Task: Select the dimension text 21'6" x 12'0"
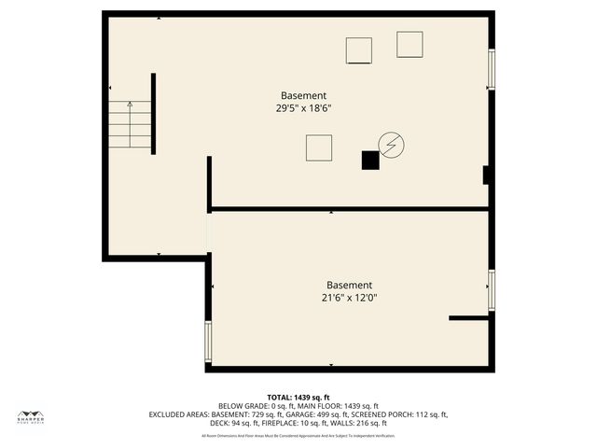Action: pyautogui.click(x=349, y=298)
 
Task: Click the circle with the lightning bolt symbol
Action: pyautogui.click(x=392, y=145)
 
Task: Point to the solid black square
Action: pyautogui.click(x=370, y=161)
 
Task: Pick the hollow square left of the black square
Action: pyautogui.click(x=319, y=147)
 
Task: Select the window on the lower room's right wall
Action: pyautogui.click(x=491, y=289)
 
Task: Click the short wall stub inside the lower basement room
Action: pyautogui.click(x=469, y=318)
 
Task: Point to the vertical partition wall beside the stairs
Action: pyautogui.click(x=153, y=113)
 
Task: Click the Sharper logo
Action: pyautogui.click(x=31, y=416)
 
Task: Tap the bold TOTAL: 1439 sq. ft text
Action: pyautogui.click(x=298, y=398)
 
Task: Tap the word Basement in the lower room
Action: pyautogui.click(x=349, y=285)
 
